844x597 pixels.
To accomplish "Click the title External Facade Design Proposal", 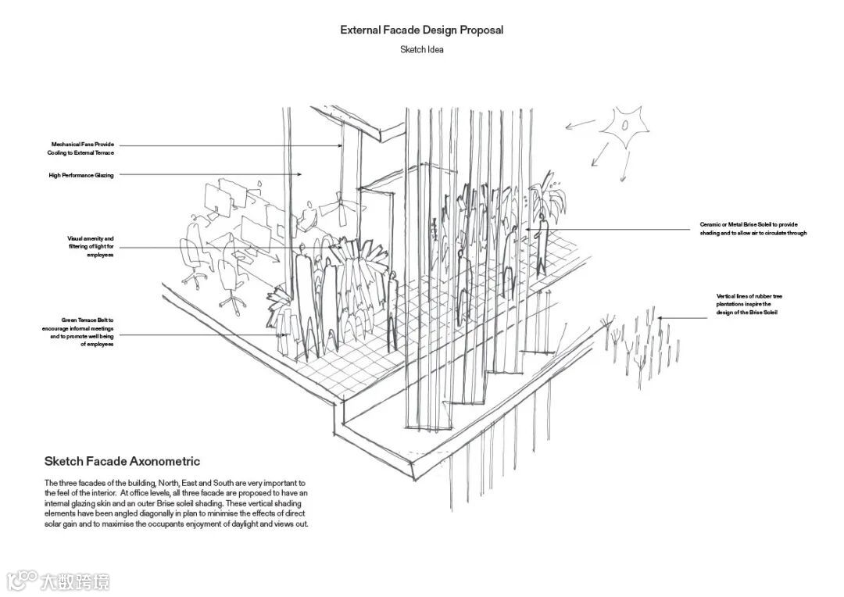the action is pos(421,30).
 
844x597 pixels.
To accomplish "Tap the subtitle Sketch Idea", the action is pos(421,50).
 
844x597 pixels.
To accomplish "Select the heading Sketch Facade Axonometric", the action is pos(122,461).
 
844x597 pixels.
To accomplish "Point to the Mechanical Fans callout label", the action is pos(82,148).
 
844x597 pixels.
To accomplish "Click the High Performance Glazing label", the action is pos(80,176).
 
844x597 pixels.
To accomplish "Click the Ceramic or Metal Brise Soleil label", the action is pos(753,229).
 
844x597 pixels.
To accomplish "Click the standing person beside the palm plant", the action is pos(540,242).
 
